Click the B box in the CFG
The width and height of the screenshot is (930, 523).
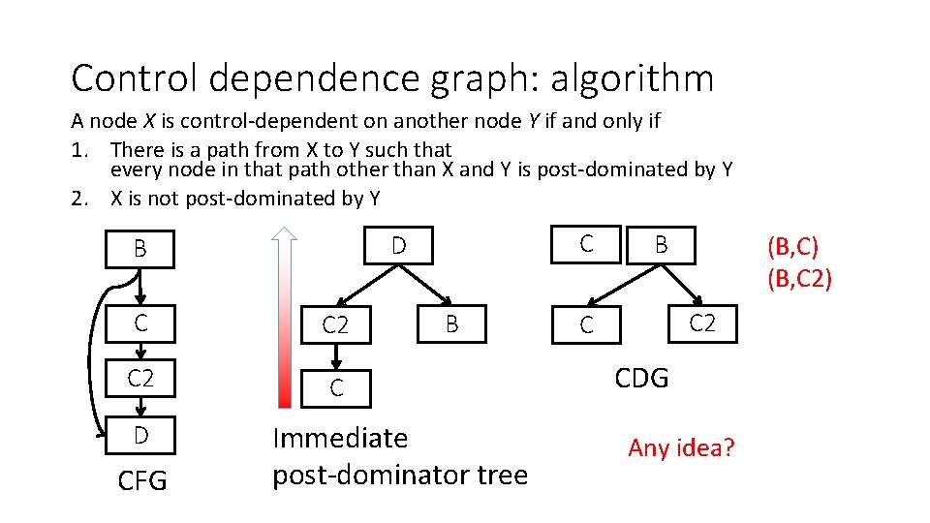coord(140,249)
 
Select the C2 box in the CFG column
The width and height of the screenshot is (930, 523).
coord(140,379)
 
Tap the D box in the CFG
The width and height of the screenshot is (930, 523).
coord(140,436)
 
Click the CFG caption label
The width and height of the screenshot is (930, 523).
coord(141,480)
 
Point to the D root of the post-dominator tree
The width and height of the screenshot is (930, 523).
coord(398,245)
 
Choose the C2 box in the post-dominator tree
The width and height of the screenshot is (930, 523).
coord(335,325)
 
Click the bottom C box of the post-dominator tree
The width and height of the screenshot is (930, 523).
coord(335,388)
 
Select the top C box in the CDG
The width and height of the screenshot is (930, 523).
coord(585,244)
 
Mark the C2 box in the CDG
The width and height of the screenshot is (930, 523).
coord(701,323)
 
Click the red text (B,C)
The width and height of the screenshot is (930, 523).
coord(798,247)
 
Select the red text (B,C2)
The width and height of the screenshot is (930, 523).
coord(798,279)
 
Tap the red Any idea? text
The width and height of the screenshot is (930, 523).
coord(681,447)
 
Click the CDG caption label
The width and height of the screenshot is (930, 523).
coord(641,379)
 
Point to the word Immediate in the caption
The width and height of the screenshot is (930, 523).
coord(340,439)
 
